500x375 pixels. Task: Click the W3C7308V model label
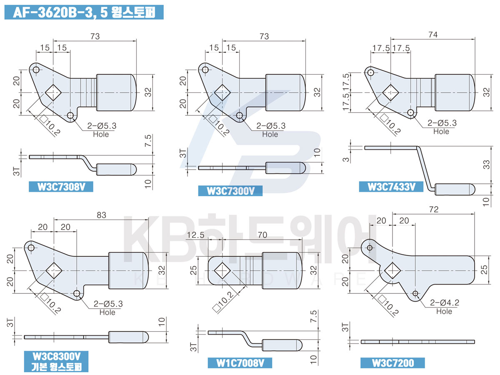click(61, 187)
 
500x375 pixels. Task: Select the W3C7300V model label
click(230, 191)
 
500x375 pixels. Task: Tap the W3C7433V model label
click(391, 187)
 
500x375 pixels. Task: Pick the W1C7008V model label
click(240, 363)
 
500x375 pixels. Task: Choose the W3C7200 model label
click(392, 363)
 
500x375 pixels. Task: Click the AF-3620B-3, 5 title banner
click(84, 12)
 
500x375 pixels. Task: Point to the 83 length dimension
click(101, 215)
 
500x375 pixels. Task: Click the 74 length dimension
click(433, 35)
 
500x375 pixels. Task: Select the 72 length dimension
click(434, 210)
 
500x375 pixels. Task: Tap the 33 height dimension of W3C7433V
click(486, 165)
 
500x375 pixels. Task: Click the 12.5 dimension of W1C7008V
click(195, 235)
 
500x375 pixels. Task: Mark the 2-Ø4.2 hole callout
click(445, 302)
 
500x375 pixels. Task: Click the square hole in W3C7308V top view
click(53, 92)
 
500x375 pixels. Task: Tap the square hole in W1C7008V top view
click(222, 270)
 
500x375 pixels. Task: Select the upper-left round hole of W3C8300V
click(31, 248)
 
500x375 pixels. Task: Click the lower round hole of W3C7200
click(415, 293)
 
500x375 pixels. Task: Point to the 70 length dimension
click(262, 235)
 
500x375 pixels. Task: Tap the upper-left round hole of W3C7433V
click(370, 72)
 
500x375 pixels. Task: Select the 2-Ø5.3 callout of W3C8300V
click(108, 304)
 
